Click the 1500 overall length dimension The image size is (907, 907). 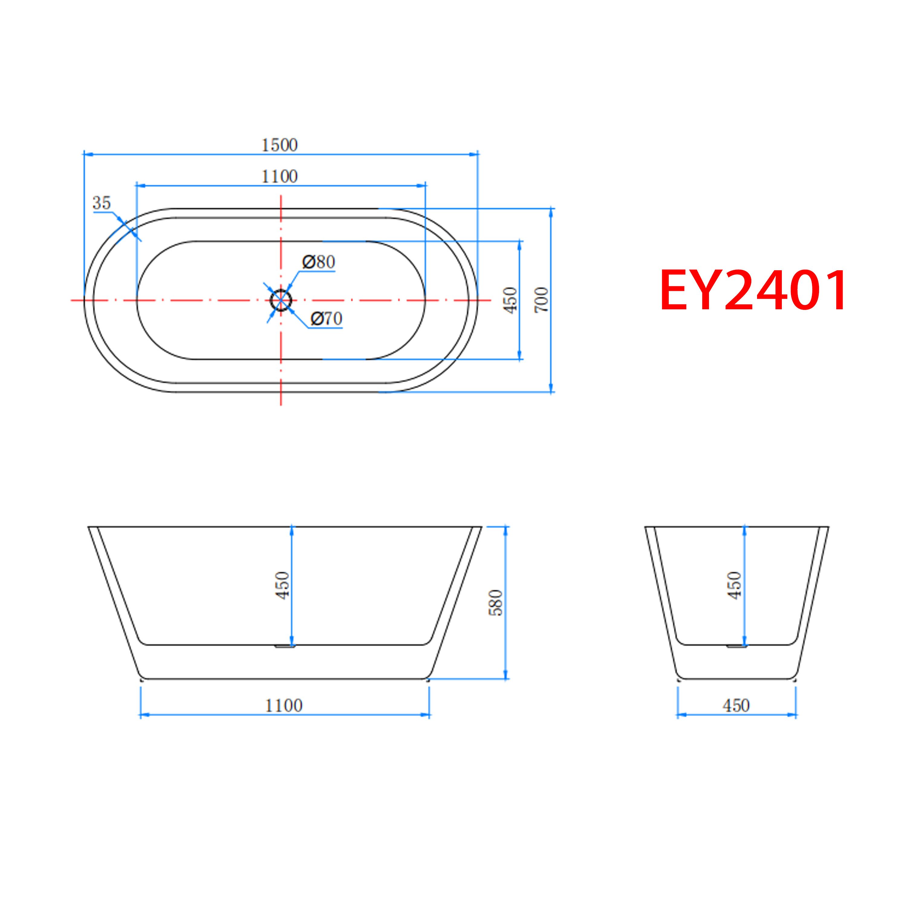click(x=279, y=145)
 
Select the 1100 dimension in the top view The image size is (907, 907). click(x=279, y=177)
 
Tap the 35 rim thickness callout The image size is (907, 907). click(x=101, y=203)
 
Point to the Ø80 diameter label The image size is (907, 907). click(x=319, y=262)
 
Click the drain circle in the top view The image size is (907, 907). click(x=281, y=300)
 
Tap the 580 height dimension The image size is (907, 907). click(x=496, y=603)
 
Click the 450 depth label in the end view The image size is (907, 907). click(x=735, y=585)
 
